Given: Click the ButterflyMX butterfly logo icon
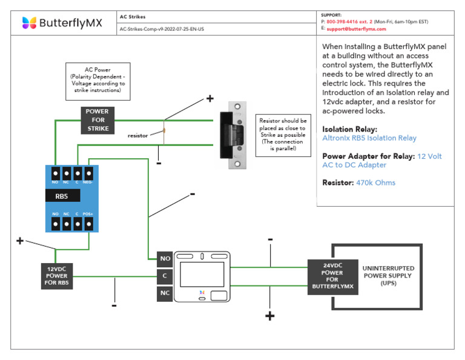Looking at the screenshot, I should click(29, 23).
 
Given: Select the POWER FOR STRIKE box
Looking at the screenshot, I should click(97, 120).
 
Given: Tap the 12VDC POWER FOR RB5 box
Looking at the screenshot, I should click(56, 276).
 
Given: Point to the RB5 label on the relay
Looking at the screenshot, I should click(62, 196).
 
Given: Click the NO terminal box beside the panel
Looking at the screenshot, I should click(165, 259).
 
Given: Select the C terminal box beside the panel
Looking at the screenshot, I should click(165, 276).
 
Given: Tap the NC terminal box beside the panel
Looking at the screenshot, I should click(165, 293).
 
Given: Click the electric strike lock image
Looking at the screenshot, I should click(235, 134).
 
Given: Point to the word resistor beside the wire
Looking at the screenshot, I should click(138, 136).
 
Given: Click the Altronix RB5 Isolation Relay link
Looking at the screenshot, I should click(369, 138).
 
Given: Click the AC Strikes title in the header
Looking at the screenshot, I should click(133, 17).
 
